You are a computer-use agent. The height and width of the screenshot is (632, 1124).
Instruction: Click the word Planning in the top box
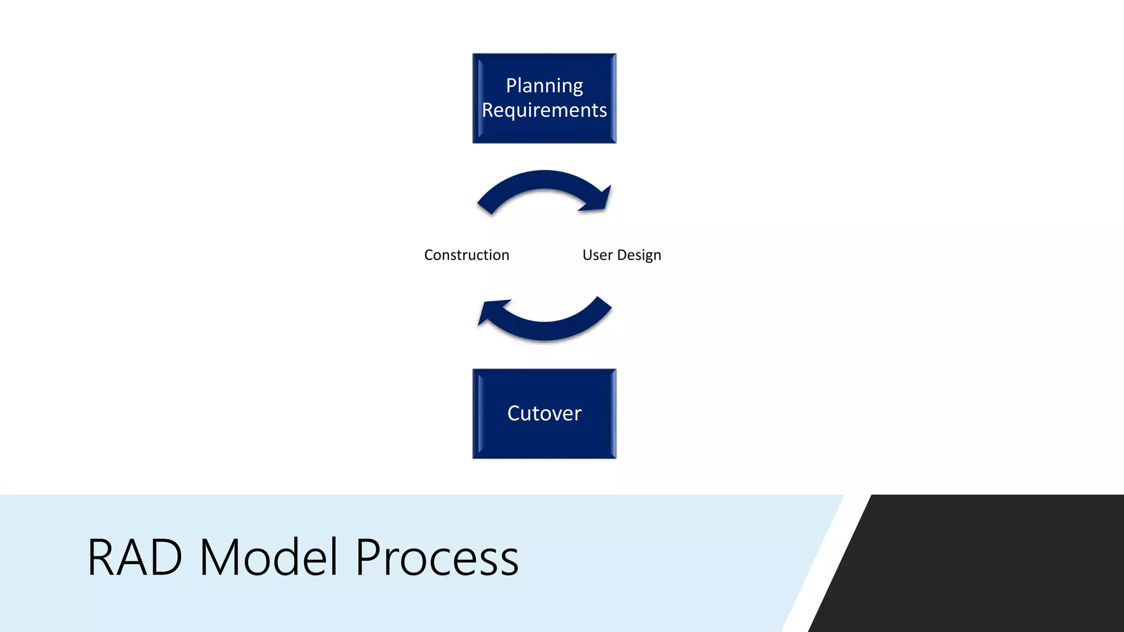pyautogui.click(x=544, y=86)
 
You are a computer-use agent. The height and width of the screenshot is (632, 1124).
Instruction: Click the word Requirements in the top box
pyautogui.click(x=544, y=110)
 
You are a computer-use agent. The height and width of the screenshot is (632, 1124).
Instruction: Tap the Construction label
pyautogui.click(x=467, y=255)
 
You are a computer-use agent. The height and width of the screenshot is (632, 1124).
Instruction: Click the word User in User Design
pyautogui.click(x=597, y=255)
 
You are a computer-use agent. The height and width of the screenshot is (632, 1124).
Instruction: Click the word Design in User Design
pyautogui.click(x=639, y=256)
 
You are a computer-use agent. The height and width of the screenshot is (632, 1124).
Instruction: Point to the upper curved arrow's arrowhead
pyautogui.click(x=601, y=201)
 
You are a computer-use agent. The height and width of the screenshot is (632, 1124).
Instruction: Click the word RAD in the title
pyautogui.click(x=135, y=558)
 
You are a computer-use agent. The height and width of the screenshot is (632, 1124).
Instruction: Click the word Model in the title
pyautogui.click(x=268, y=558)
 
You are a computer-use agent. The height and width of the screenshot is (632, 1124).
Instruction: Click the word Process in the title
pyautogui.click(x=437, y=558)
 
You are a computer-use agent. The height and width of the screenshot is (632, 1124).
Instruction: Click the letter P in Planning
pyautogui.click(x=510, y=86)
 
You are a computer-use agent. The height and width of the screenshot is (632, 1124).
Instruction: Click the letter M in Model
pyautogui.click(x=216, y=558)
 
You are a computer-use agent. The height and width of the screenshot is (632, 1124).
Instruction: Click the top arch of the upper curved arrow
pyautogui.click(x=544, y=179)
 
